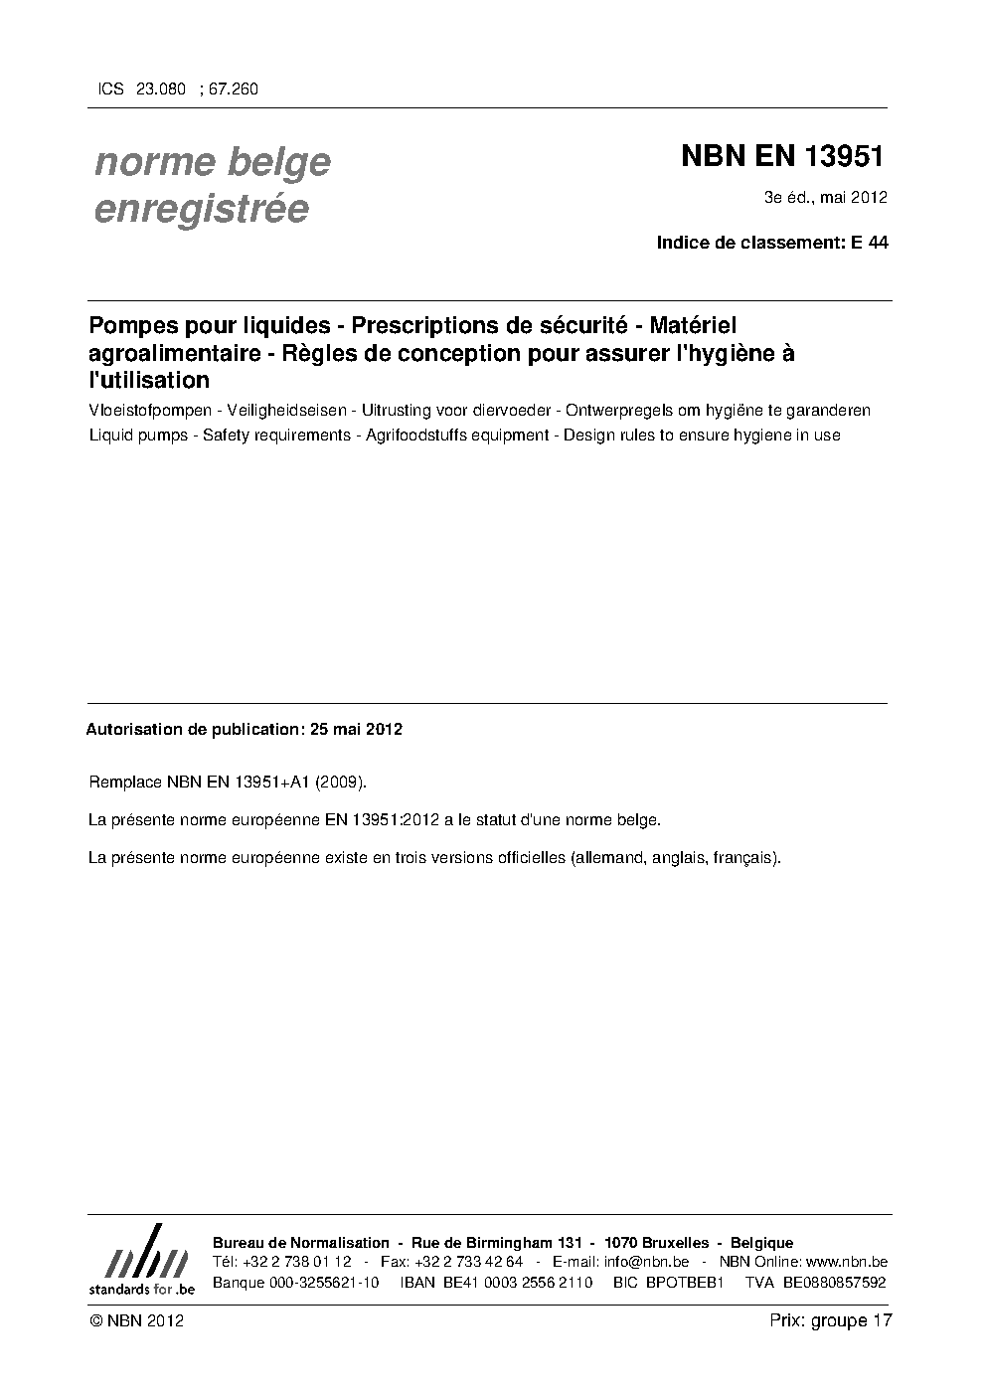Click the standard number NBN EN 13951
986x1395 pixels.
[782, 157]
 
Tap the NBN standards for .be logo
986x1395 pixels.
[141, 1261]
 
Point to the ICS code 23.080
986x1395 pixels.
[161, 88]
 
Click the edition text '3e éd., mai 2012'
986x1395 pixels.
[825, 197]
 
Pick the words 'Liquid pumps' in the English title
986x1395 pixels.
[138, 435]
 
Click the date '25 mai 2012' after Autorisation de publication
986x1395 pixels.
[356, 729]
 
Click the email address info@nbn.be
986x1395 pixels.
[646, 1262]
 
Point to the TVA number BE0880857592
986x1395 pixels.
[834, 1282]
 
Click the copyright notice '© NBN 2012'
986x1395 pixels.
[136, 1320]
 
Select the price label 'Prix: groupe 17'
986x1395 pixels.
[831, 1320]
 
